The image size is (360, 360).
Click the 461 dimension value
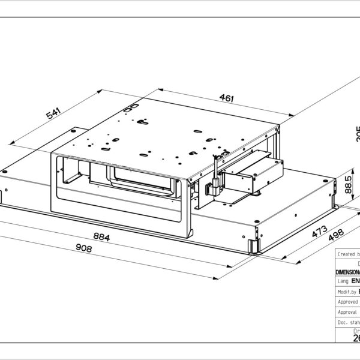(x=226, y=98)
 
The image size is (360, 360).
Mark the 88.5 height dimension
(x=348, y=186)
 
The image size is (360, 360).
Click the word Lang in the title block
(x=343, y=280)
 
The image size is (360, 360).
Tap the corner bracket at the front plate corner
(x=254, y=245)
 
